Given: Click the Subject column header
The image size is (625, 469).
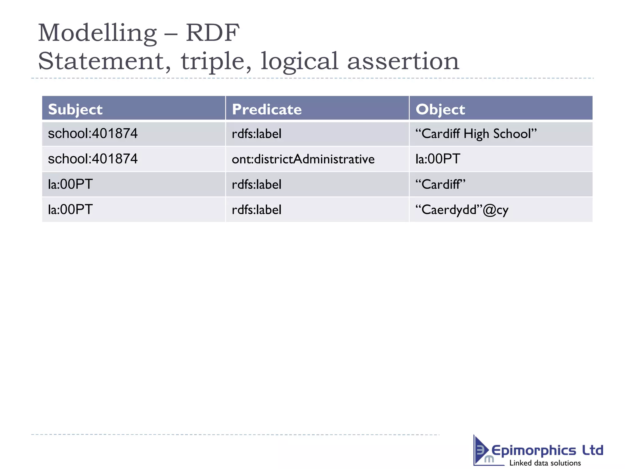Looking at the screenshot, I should click(x=75, y=109).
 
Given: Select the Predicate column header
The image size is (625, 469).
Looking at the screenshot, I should click(x=267, y=109).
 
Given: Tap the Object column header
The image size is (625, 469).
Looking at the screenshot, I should click(x=440, y=109).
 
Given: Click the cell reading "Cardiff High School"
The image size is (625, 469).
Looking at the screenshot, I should click(x=476, y=134).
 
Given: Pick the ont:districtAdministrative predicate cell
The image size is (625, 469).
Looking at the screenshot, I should click(x=303, y=159).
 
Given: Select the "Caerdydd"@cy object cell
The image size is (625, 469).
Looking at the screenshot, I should click(x=462, y=210).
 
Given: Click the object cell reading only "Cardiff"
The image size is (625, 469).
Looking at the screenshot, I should click(x=440, y=184).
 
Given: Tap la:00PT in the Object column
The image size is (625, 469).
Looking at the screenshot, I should click(x=438, y=159).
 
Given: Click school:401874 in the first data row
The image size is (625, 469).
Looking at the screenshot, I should click(x=93, y=134).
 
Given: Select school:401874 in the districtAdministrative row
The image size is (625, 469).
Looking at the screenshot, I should click(x=93, y=159).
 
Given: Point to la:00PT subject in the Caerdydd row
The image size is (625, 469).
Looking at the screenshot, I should click(x=70, y=210).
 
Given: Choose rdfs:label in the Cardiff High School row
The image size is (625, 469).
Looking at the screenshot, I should click(x=256, y=134).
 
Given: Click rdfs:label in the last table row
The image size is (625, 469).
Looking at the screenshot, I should click(x=256, y=210).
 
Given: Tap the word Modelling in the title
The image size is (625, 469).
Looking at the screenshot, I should click(x=97, y=33).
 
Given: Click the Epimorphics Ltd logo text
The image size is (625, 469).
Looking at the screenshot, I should click(x=547, y=450).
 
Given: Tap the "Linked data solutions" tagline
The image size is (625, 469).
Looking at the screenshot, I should click(x=545, y=463).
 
